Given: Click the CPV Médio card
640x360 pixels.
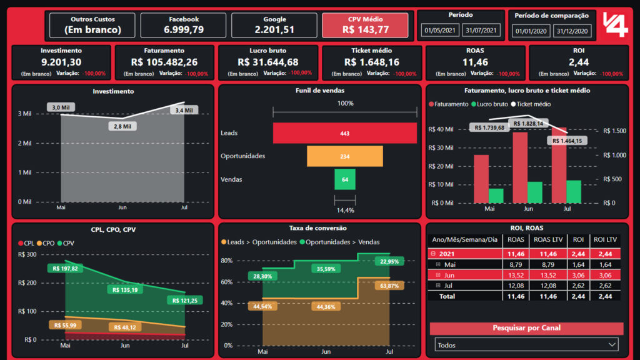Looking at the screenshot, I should pos(365,25).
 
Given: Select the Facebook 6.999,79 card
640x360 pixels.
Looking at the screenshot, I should pos(184,25).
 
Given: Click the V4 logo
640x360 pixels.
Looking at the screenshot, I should pos(615,25).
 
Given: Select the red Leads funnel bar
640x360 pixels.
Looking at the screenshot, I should pos(344,133).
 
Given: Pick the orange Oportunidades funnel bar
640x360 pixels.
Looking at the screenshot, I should pos(344,156).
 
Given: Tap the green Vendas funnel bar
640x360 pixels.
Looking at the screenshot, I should pos(344,179).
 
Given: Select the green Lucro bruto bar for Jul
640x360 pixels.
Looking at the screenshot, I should pos(574,191).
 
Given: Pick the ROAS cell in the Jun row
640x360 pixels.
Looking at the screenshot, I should pos(516,275).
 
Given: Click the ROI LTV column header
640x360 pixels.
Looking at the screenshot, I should pos(604,239).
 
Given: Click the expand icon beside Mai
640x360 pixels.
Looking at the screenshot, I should pos(437,264).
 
